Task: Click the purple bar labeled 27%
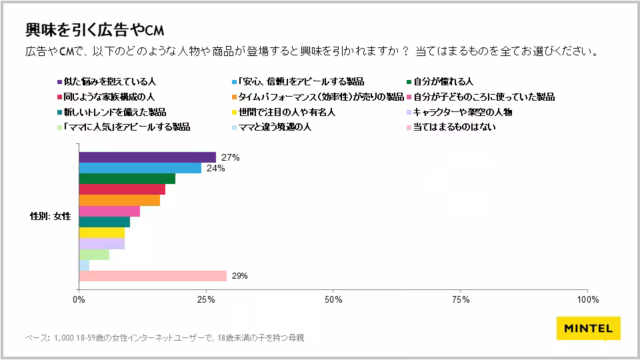[x=147, y=157]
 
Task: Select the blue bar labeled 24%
[x=140, y=168]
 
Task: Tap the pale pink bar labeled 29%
[x=153, y=276]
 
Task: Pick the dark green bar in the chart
[x=127, y=179]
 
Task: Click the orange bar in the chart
[x=119, y=200]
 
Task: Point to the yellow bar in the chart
[x=102, y=233]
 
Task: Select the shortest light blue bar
[x=84, y=265]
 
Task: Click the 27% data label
[x=230, y=158]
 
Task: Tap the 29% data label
[x=239, y=276]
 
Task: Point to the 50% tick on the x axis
[x=333, y=299]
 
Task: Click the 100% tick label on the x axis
[x=587, y=299]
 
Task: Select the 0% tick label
[x=79, y=299]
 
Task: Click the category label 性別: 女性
[x=50, y=217]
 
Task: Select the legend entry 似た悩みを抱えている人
[x=109, y=81]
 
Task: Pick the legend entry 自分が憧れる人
[x=443, y=81]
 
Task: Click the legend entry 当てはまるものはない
[x=454, y=127]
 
